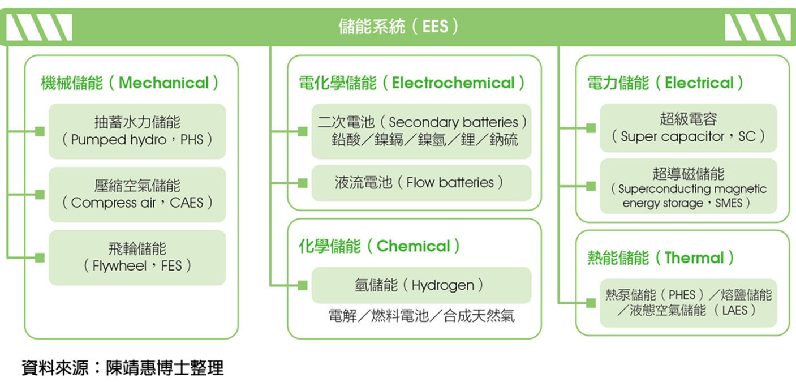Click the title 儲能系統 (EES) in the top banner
pyautogui.click(x=398, y=26)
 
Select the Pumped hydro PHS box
pyautogui.click(x=137, y=131)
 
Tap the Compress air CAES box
pyautogui.click(x=137, y=194)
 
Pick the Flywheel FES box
pyautogui.click(x=137, y=257)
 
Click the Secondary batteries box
pyautogui.click(x=421, y=131)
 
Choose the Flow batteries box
pyautogui.click(x=421, y=183)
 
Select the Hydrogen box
pyautogui.click(x=421, y=285)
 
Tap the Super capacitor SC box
pyautogui.click(x=689, y=128)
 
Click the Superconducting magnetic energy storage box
pyautogui.click(x=689, y=186)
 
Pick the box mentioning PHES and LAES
pyautogui.click(x=689, y=303)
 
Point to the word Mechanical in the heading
pyautogui.click(x=163, y=83)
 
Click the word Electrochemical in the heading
pyautogui.click(x=453, y=83)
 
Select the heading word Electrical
pyautogui.click(x=699, y=83)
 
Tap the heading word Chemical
pyautogui.click(x=414, y=246)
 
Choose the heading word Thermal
pyautogui.click(x=694, y=257)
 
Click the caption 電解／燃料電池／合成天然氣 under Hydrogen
pyautogui.click(x=421, y=316)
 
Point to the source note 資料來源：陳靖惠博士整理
pyautogui.click(x=123, y=367)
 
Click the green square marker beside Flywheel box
pyautogui.click(x=40, y=257)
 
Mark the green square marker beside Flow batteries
pyautogui.click(x=303, y=183)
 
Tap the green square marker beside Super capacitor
pyautogui.click(x=591, y=128)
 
